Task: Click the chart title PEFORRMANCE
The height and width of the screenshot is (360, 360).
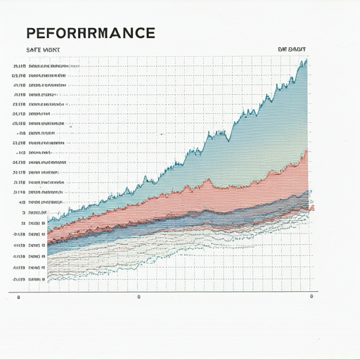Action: click(x=90, y=33)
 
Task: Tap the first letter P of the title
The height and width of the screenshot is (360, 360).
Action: click(x=31, y=33)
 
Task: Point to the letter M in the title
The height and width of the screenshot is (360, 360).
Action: click(x=106, y=33)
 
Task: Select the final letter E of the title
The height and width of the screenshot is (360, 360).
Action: click(x=149, y=33)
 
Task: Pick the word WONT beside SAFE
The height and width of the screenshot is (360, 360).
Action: click(x=51, y=50)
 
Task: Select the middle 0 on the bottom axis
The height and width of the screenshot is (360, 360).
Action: click(x=139, y=297)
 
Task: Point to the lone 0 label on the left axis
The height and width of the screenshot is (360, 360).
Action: click(x=23, y=212)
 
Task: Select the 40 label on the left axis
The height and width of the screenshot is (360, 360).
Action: click(x=22, y=202)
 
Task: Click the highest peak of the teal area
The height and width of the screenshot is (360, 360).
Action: click(x=306, y=61)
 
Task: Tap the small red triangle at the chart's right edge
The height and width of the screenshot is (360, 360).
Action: click(x=312, y=207)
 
